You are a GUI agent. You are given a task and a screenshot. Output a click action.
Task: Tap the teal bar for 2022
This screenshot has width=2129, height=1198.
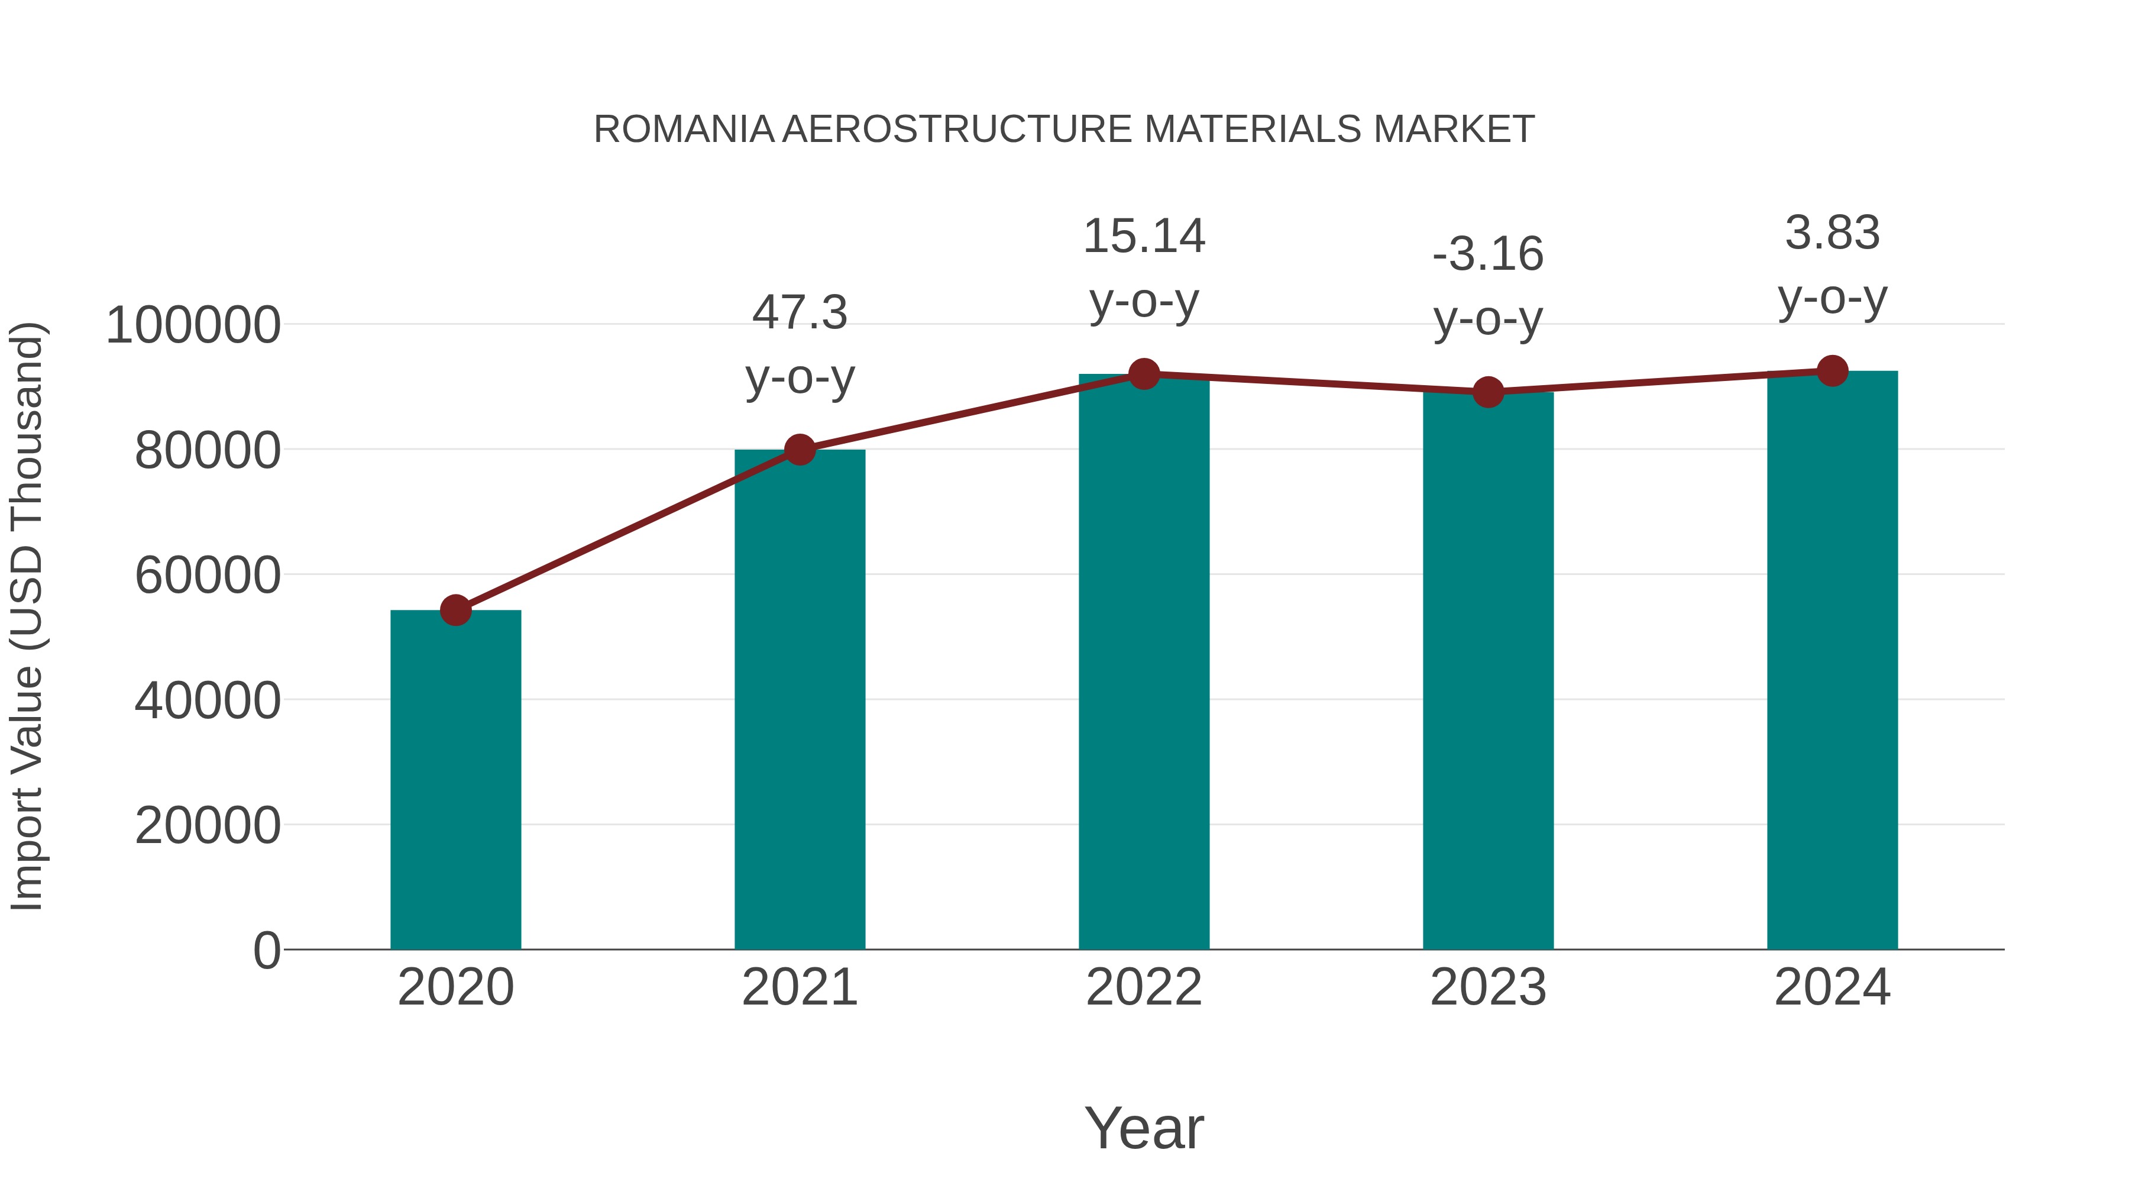point(1144,661)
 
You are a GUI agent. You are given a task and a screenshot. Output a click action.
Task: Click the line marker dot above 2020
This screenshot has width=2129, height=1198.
point(455,611)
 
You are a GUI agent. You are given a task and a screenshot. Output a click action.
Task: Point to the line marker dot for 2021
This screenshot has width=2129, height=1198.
point(799,450)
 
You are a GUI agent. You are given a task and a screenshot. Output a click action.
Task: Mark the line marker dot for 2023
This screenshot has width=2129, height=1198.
point(1488,392)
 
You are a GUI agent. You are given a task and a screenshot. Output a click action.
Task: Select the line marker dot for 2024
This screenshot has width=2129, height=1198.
point(1832,371)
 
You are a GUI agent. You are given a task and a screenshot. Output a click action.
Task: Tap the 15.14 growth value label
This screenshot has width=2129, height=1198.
point(1144,237)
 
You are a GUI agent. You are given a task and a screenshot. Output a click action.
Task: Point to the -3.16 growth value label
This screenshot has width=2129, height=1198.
point(1488,254)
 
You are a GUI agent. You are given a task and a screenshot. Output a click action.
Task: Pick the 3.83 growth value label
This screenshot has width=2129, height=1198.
point(1832,233)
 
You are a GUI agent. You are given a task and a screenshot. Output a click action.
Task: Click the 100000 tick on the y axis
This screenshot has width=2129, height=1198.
point(193,325)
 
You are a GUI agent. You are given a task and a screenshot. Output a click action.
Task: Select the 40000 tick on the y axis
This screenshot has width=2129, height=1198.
point(208,700)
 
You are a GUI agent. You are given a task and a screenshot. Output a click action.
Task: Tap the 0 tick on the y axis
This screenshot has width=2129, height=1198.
point(267,950)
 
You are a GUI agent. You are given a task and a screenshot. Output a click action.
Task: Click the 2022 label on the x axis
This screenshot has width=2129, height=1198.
point(1144,987)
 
